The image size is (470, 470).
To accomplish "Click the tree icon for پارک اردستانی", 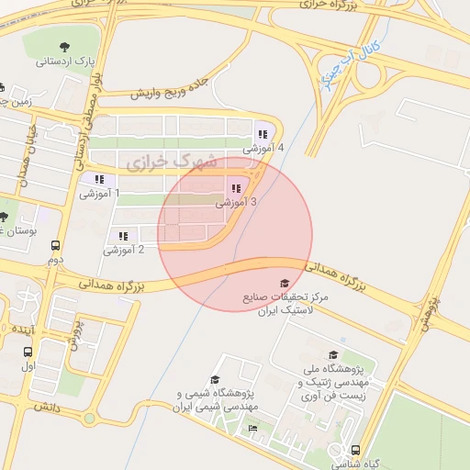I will click(x=64, y=47).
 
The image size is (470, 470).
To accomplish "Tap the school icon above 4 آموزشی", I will click(x=263, y=134).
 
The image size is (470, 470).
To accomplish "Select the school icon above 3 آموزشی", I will click(x=236, y=188).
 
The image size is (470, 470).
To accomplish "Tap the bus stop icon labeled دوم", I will click(x=56, y=246).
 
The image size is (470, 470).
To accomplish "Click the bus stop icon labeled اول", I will click(x=28, y=352).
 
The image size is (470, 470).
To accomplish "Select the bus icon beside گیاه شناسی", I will click(x=356, y=450).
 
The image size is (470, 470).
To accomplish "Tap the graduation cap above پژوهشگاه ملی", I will click(x=332, y=355).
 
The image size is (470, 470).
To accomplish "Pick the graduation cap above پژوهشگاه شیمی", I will click(x=215, y=379).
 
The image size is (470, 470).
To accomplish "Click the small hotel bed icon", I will click(x=252, y=428).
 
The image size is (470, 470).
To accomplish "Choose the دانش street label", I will click(x=47, y=405).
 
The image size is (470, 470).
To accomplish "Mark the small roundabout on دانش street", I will click(x=89, y=420).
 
